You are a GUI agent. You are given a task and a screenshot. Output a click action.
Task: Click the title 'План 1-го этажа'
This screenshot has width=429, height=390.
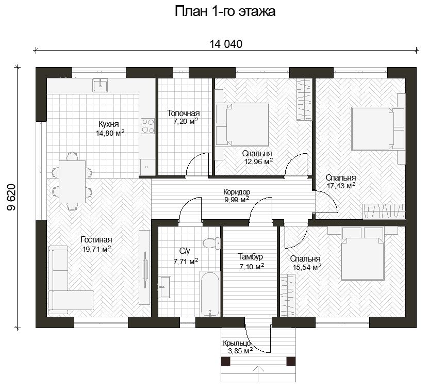(225, 12)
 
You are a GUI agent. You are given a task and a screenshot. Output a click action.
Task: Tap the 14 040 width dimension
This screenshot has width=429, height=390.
(226, 44)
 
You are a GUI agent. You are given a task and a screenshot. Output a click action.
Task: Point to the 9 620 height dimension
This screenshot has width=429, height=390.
(12, 198)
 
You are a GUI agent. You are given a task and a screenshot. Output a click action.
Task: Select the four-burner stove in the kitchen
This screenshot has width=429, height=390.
(148, 126)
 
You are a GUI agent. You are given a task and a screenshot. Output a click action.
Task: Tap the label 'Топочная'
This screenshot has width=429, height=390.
(184, 113)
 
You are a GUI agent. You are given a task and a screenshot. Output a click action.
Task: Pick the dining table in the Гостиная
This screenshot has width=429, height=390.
(73, 181)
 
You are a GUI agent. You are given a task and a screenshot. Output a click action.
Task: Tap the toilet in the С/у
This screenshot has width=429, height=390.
(212, 243)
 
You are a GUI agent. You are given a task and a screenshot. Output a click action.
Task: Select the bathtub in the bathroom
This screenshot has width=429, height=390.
(210, 294)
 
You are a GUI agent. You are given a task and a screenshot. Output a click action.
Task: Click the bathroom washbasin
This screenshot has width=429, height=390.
(164, 286)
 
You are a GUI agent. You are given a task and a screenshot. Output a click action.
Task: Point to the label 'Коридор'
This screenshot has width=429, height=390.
(237, 192)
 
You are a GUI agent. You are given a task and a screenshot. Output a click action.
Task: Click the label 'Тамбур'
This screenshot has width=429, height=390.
(251, 257)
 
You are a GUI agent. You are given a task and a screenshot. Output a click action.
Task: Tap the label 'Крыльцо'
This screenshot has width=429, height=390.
(237, 343)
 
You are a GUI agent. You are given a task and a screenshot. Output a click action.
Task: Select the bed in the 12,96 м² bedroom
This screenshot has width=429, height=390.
(242, 124)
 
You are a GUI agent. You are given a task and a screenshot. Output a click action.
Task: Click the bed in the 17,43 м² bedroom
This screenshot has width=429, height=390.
(378, 128)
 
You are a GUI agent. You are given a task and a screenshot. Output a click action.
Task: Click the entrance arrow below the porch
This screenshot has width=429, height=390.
(258, 375)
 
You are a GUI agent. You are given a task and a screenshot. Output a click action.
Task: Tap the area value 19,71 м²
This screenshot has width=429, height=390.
(96, 249)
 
